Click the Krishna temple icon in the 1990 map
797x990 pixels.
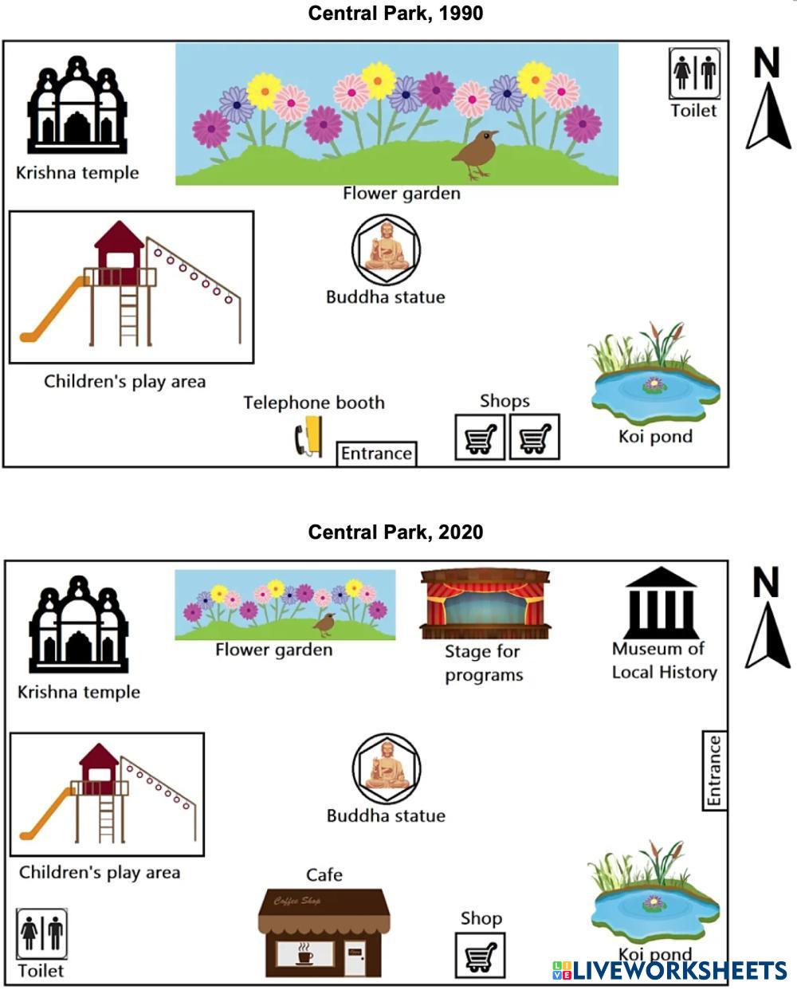tap(77, 106)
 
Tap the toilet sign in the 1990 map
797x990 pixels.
tap(694, 73)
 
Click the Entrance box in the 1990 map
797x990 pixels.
tap(376, 454)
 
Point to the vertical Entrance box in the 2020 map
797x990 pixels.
tap(714, 770)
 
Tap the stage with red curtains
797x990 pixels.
tap(485, 603)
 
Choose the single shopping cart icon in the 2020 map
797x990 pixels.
tap(481, 955)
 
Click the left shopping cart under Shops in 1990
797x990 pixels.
tap(480, 437)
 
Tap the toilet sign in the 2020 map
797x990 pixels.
tap(42, 934)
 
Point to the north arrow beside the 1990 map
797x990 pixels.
tap(768, 98)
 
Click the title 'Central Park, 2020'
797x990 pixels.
tap(395, 532)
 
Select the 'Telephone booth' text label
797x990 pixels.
tap(314, 403)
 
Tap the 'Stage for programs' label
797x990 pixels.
tap(483, 663)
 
